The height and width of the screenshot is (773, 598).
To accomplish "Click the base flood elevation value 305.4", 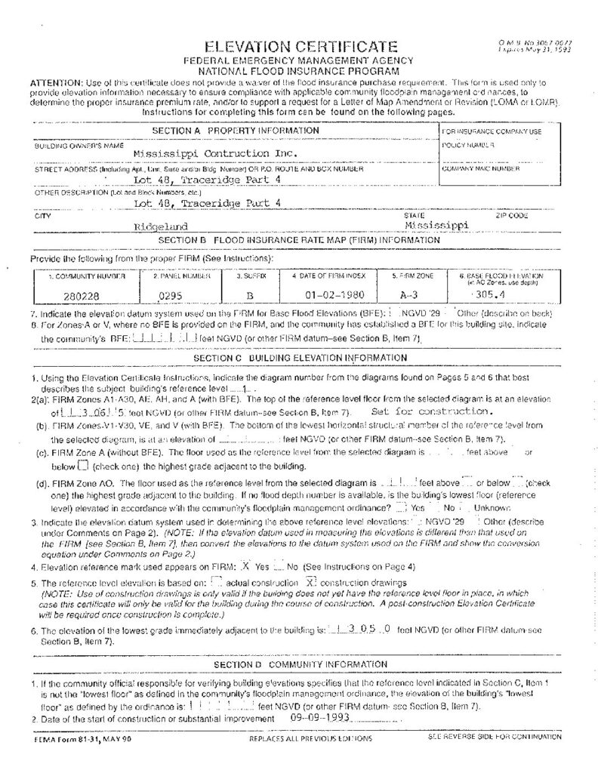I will point(486,294).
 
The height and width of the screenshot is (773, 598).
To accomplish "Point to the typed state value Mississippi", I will point(436,224).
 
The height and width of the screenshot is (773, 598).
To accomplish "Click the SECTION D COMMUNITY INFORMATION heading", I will point(301,664).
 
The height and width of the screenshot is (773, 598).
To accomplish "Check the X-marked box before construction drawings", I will point(310,582).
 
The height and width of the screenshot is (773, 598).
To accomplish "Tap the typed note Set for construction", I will point(432,412).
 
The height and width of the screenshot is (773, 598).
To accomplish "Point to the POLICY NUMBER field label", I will point(468,144).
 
